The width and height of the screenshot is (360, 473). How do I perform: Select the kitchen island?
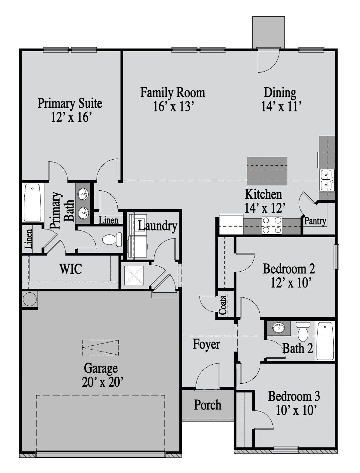coord(267,171)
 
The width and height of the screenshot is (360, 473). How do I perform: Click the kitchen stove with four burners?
coord(272,225)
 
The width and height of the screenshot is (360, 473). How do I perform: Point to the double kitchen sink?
coord(326,180)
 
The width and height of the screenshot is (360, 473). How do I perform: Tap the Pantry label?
coord(315,221)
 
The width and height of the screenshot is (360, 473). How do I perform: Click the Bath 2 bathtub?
coord(325,341)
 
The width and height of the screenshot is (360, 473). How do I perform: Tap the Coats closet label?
coord(222,305)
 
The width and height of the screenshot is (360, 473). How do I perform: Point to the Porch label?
coord(208,405)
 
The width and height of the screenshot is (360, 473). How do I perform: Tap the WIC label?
coord(71,269)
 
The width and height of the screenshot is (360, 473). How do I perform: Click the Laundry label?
coord(157,226)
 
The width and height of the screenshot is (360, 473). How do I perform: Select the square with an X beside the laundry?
coord(134,275)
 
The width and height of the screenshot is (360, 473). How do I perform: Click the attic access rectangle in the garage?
coord(100,348)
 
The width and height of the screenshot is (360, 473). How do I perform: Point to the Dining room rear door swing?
coord(268,60)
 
